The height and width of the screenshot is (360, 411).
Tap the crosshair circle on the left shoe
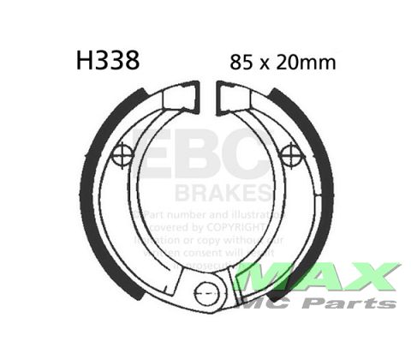pyautogui.click(x=122, y=155)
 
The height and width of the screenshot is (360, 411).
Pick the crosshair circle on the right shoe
pyautogui.click(x=291, y=155)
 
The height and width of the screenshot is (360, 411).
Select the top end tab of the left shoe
pyautogui.click(x=182, y=97)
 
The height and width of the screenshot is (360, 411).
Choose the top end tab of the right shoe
pyautogui.click(x=231, y=97)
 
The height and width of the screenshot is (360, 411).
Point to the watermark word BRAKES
pyautogui.click(x=223, y=191)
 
